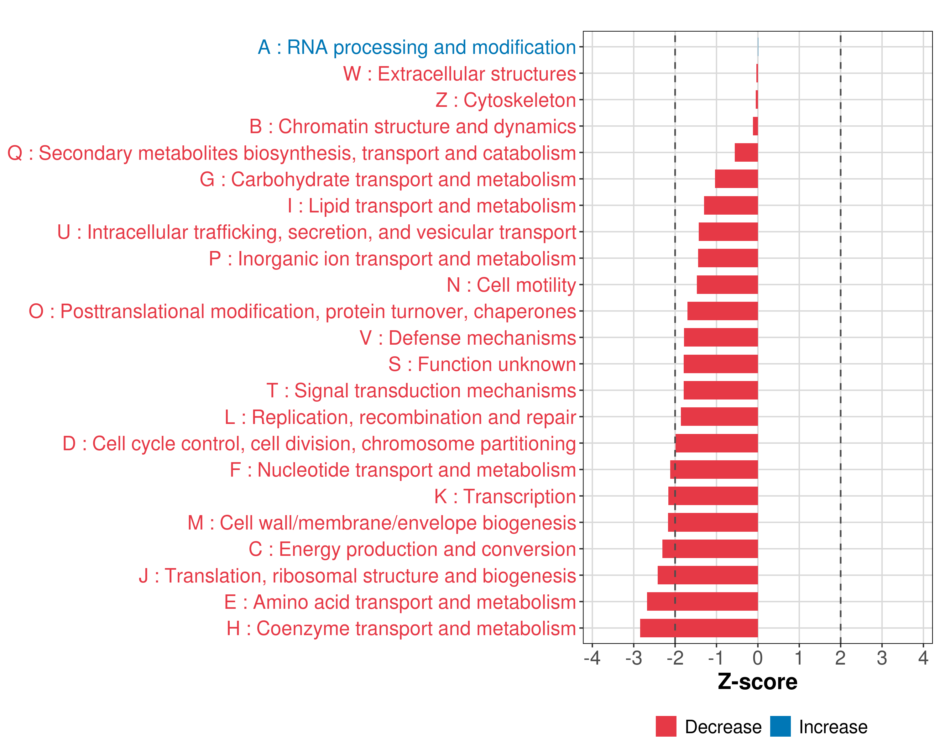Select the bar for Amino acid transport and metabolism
coord(702,602)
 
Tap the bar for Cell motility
coord(727,285)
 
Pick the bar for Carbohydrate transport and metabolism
coord(736,179)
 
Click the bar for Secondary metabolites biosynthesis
coord(746,153)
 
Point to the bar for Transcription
coord(713,496)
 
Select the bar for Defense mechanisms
coord(721,337)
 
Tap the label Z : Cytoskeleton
coord(506,100)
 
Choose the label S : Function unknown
coord(482,364)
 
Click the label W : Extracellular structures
coord(460,74)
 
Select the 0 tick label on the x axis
coord(758,658)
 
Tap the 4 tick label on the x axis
coord(923,658)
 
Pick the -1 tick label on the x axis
coord(716,658)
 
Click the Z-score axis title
coord(758,682)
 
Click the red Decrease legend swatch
coord(666,726)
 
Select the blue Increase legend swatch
coord(781,726)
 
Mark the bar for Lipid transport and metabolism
coord(731,205)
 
